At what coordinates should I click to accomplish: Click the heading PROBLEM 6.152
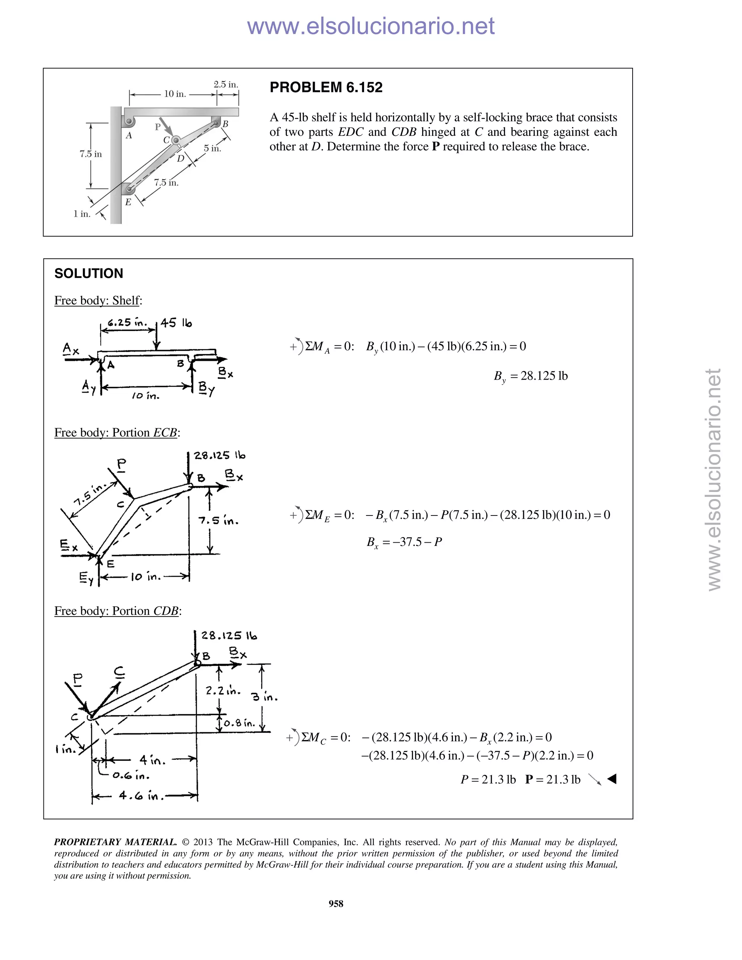pyautogui.click(x=326, y=87)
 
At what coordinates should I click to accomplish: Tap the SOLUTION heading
pyautogui.click(x=88, y=274)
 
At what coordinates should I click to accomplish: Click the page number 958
pyautogui.click(x=336, y=903)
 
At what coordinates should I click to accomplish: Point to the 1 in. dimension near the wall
pyautogui.click(x=82, y=214)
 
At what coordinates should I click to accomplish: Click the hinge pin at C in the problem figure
pyautogui.click(x=175, y=140)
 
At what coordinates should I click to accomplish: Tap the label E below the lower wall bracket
pyautogui.click(x=128, y=202)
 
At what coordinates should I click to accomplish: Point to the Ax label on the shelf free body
pyautogui.click(x=70, y=350)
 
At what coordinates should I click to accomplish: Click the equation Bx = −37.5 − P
pyautogui.click(x=404, y=542)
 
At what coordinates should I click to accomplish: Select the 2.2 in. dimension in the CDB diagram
pyautogui.click(x=223, y=690)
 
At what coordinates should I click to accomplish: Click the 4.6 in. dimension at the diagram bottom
pyautogui.click(x=141, y=795)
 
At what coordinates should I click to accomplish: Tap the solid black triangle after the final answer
pyautogui.click(x=612, y=779)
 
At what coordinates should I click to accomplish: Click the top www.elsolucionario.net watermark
pyautogui.click(x=371, y=26)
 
